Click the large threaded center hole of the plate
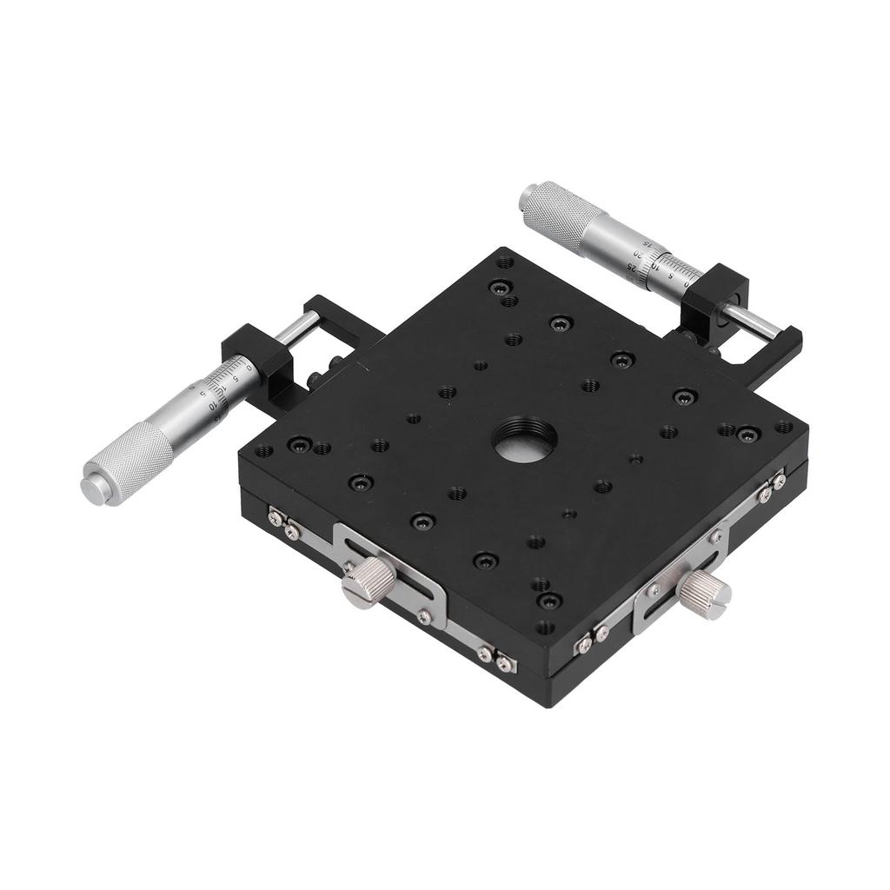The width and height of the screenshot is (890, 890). click(x=525, y=440)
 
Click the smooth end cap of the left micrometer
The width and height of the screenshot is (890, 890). click(x=94, y=488)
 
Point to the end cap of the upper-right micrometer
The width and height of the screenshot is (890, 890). click(x=527, y=196)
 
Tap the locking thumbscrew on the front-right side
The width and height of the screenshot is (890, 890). click(x=704, y=595)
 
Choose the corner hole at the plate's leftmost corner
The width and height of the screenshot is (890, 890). click(x=262, y=451)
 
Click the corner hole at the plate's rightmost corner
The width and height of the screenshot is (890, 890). click(x=784, y=427)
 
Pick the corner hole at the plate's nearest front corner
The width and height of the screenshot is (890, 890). click(x=544, y=627)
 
